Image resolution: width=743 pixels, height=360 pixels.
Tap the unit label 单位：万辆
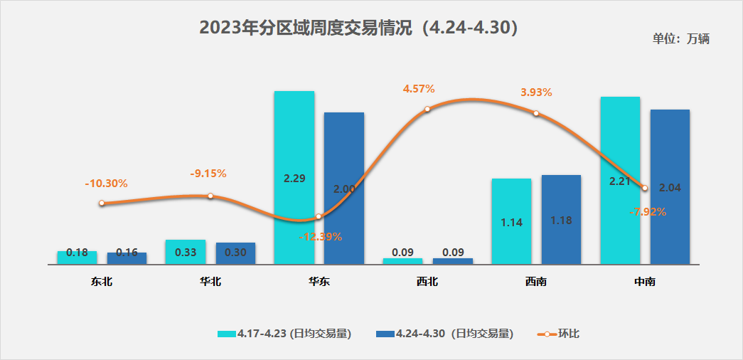tap(680, 38)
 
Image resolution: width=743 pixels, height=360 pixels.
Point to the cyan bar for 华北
tap(185, 251)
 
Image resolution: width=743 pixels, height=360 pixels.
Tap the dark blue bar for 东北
tap(127, 258)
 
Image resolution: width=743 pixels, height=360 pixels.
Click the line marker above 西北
tap(427, 110)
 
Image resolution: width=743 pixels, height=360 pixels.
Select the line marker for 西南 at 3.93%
tap(536, 113)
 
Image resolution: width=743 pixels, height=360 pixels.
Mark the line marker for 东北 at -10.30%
tap(102, 203)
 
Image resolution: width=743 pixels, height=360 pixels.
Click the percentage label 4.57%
tap(419, 89)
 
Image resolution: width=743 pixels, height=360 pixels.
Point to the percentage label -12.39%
tap(321, 236)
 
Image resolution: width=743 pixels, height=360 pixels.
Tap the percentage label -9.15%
tap(208, 174)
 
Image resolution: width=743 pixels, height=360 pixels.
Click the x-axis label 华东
tap(319, 282)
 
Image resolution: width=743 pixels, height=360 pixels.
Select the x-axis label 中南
tap(645, 282)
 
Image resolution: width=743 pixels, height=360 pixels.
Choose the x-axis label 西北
tap(427, 282)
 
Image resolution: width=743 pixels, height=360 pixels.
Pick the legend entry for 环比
tap(560, 333)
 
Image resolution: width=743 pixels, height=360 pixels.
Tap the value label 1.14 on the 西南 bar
tap(511, 223)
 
